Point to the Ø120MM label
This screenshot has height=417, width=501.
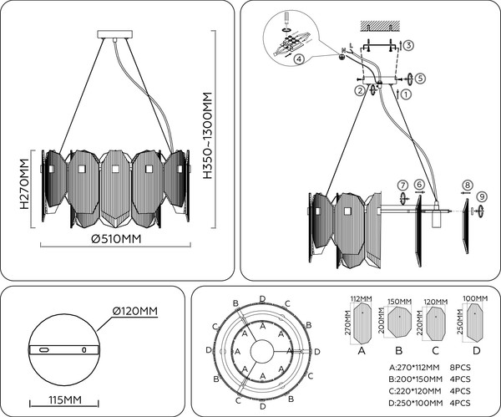click(135, 312)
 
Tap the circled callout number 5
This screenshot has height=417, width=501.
click(421, 78)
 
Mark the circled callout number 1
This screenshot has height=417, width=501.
click(405, 94)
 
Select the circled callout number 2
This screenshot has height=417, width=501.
click(359, 90)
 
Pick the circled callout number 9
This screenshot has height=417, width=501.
click(481, 195)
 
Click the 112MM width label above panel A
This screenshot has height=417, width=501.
click(360, 297)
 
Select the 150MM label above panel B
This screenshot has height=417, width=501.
click(400, 300)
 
